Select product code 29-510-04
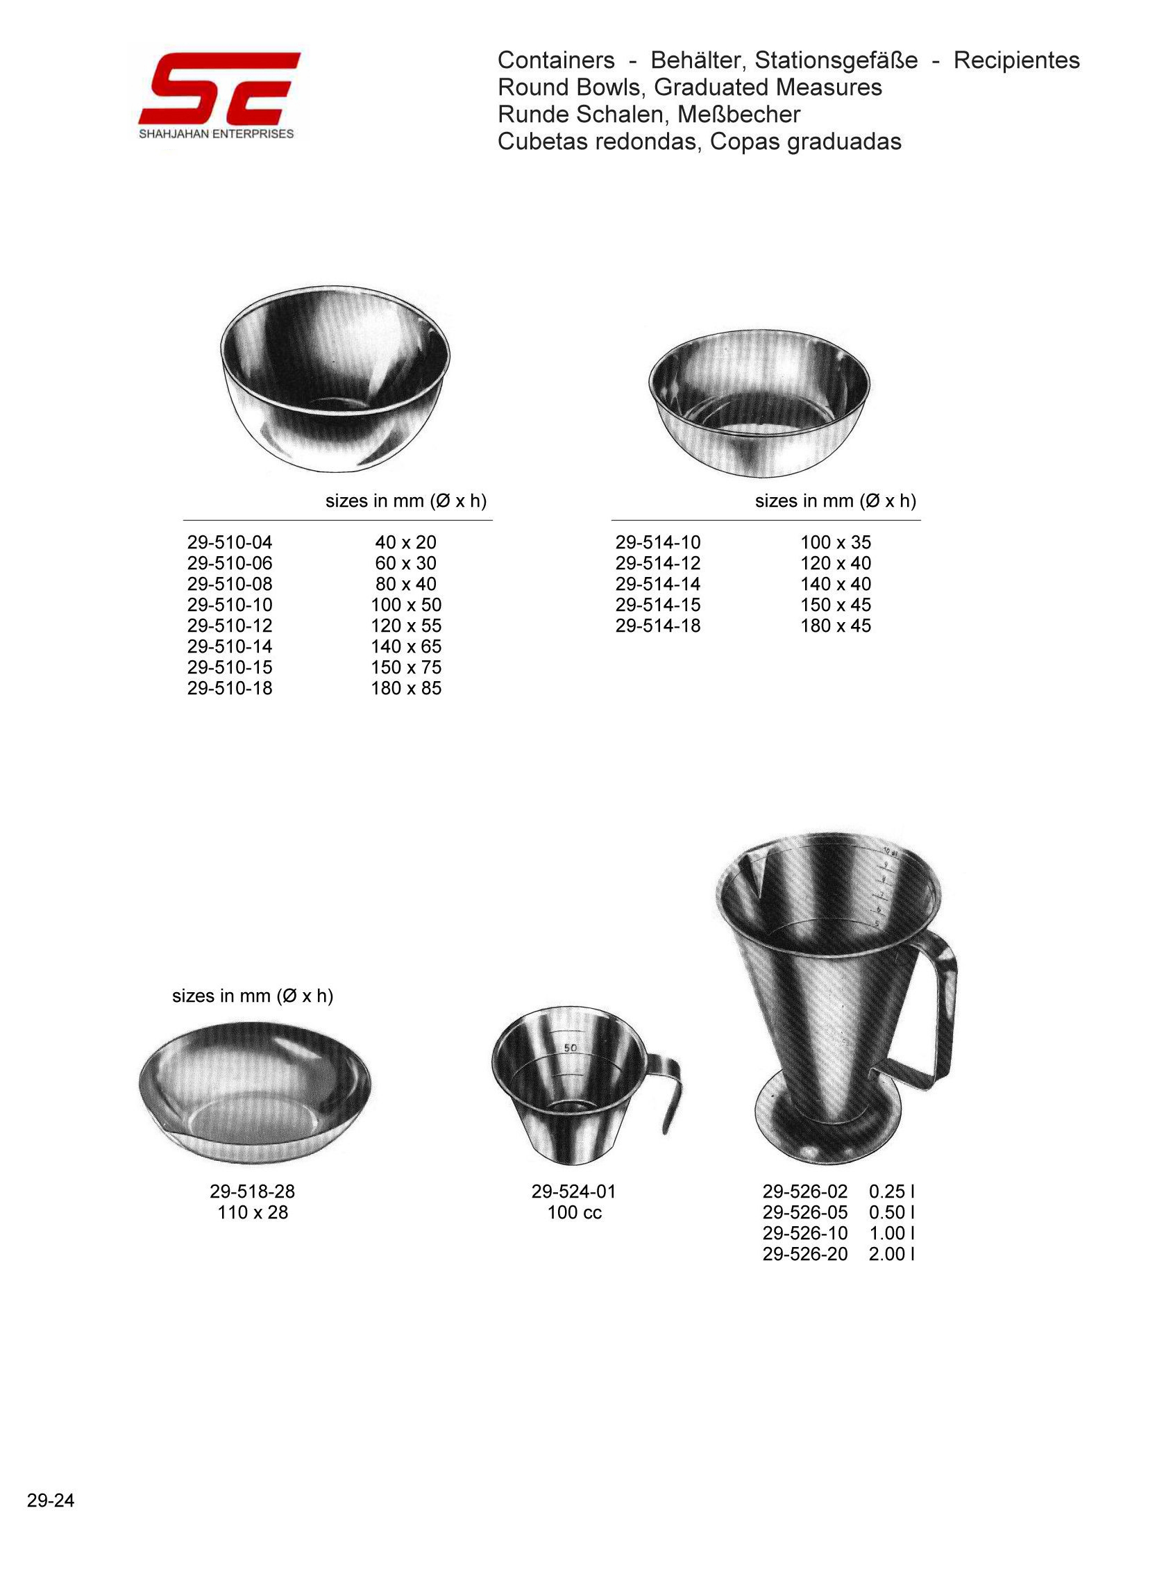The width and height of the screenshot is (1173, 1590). click(x=230, y=542)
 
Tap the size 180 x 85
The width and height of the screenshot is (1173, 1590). click(x=406, y=688)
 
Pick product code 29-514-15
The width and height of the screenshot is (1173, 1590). click(x=658, y=605)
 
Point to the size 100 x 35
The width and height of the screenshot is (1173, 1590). click(x=836, y=542)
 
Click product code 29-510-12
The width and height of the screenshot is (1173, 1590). click(x=230, y=626)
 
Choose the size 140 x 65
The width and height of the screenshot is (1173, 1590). click(x=406, y=646)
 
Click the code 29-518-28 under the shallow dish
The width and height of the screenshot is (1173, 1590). click(x=252, y=1191)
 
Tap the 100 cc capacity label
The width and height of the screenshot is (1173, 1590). click(x=575, y=1212)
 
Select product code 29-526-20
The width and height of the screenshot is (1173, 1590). click(x=805, y=1254)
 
